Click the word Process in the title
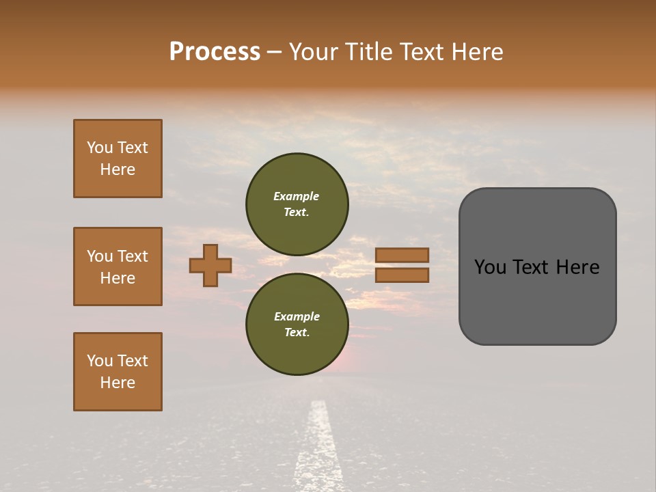pos(215,51)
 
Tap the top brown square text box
pos(118,159)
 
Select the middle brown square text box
pos(118,266)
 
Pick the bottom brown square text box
pos(118,372)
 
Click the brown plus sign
pos(210,265)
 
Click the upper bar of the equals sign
pos(402,255)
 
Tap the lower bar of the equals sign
pos(402,275)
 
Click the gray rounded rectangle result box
pos(537,301)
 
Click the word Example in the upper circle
pos(297,196)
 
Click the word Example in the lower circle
pos(297,316)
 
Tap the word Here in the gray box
pos(577,267)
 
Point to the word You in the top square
pos(99,148)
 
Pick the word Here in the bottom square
pos(118,383)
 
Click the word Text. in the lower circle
pos(297,332)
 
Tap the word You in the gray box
pos(490,267)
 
